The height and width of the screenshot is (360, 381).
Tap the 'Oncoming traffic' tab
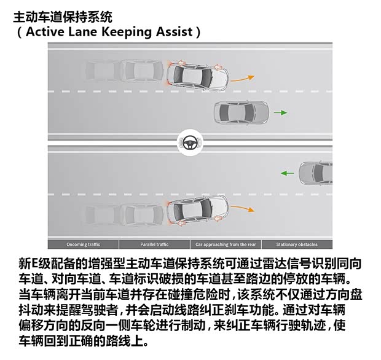coord(84,245)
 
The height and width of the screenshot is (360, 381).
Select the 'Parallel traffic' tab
coord(154,245)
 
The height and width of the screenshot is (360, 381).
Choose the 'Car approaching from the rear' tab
coord(226,245)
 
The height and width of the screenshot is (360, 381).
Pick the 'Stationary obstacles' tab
coord(297,245)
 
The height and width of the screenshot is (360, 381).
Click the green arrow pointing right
coord(280,112)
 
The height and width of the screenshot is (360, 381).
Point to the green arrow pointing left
coord(288,173)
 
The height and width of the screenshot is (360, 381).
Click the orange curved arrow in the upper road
coord(243,79)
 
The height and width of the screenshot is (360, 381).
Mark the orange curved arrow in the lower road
coord(243,208)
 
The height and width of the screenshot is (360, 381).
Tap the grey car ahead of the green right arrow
coord(242,112)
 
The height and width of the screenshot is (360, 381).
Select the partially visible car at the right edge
coord(315,173)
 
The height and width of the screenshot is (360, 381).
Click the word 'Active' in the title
coord(45,32)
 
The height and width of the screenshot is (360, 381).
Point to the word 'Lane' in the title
coord(82,32)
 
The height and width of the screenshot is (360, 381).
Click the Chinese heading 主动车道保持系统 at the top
coord(63,17)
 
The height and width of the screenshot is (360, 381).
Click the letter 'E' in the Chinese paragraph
coord(35,264)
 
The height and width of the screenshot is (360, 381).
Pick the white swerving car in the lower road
coord(197,210)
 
